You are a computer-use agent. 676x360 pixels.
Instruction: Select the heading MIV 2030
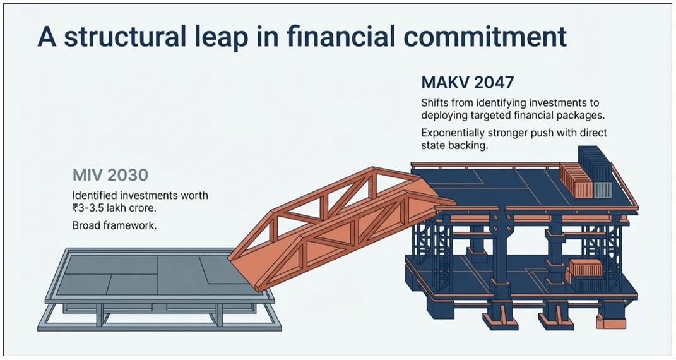click(x=109, y=175)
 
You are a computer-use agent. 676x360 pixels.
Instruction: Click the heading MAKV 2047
click(x=468, y=82)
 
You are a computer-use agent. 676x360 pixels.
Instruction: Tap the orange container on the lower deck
click(x=584, y=273)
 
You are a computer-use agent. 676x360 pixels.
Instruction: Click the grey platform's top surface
click(x=145, y=275)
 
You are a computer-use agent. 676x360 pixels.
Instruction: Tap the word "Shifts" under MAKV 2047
click(x=435, y=102)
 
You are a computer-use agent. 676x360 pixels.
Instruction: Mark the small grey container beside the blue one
click(x=603, y=189)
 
